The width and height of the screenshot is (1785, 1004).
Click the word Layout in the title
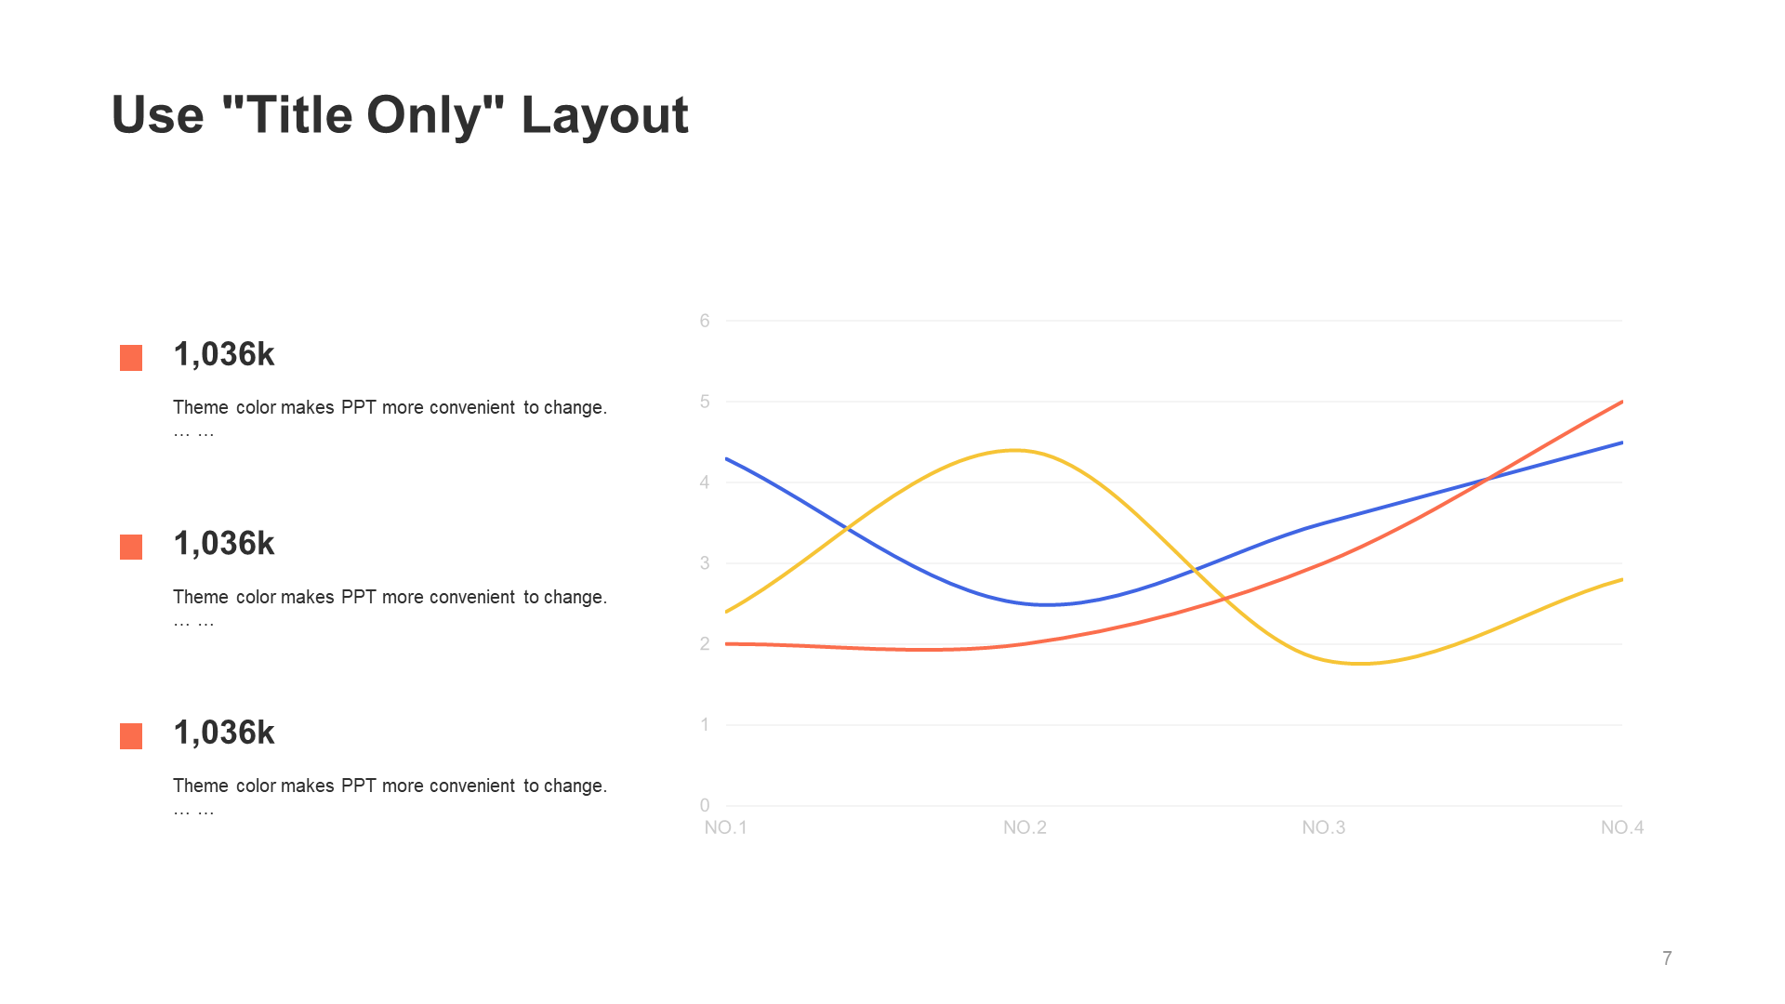coord(604,116)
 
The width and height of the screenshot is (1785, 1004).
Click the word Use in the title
coord(158,115)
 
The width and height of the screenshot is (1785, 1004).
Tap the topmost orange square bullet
coord(131,358)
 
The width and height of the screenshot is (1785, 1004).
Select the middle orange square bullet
coord(131,547)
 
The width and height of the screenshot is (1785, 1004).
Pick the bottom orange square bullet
coord(131,736)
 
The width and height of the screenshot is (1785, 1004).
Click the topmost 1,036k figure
coord(224,354)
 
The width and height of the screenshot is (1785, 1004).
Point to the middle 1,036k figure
coord(224,544)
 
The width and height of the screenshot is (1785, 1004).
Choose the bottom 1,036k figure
coord(224,733)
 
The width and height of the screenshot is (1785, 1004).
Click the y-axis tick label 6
coord(705,321)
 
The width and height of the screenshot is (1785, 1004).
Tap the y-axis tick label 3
coord(705,562)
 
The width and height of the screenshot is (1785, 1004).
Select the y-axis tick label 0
coord(705,805)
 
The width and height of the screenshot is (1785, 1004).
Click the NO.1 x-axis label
coord(726,827)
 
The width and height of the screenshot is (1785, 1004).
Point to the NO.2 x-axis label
coord(1025,827)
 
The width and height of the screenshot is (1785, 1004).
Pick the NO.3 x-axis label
coord(1324,827)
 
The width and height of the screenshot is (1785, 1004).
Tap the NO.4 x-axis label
coord(1622,827)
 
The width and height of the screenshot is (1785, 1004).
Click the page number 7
coord(1667,958)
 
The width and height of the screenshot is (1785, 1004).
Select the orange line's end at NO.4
coord(1622,402)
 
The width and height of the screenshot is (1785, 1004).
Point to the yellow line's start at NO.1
coord(726,612)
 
